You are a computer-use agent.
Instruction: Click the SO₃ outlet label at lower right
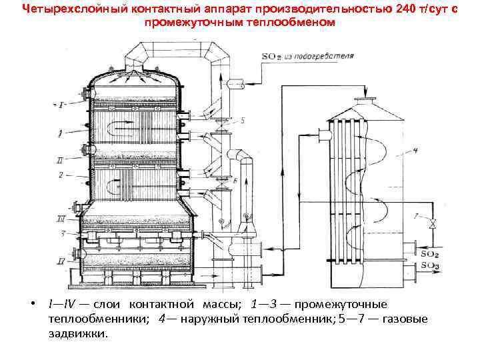[x=431, y=267]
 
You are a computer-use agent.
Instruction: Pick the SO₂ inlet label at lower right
[x=431, y=253]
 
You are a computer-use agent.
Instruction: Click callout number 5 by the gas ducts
[x=243, y=121]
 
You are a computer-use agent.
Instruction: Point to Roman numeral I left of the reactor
[x=61, y=105]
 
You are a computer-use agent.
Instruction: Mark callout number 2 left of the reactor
[x=61, y=175]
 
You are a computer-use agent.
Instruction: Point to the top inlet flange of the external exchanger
[x=364, y=101]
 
